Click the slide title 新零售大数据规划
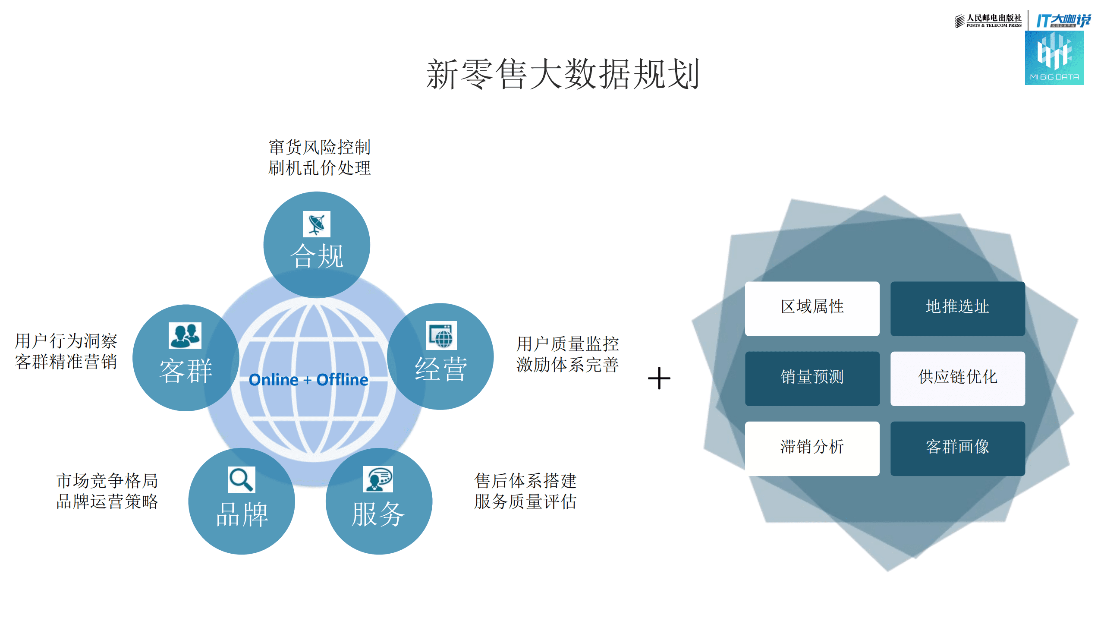coord(563,74)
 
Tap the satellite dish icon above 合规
coord(317,224)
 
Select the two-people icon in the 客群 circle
coord(185,335)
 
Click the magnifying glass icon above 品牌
coord(241,479)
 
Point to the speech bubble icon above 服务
coord(378,479)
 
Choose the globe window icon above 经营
coord(441,335)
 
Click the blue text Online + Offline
coord(308,380)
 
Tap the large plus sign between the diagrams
coord(659,378)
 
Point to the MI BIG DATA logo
coord(1054,58)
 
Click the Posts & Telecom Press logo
coord(988,20)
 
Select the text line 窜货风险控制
coord(320,147)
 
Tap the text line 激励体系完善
coord(568,365)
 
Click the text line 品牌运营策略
coord(107,501)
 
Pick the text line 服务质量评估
coord(525,501)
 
